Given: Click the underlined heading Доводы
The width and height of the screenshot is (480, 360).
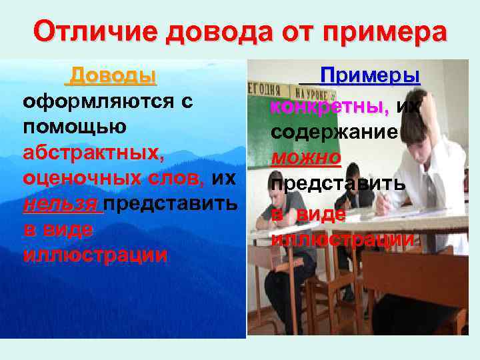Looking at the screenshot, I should (x=113, y=75).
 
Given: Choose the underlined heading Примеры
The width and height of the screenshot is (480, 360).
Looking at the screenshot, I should (x=370, y=75).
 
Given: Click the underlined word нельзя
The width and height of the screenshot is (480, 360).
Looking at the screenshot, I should (x=61, y=203).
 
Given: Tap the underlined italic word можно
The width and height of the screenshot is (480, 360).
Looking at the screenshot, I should (x=305, y=157).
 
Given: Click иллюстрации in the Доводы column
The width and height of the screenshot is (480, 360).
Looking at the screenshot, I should (x=94, y=255).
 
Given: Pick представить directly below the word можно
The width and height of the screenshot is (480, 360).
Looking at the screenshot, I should (x=337, y=184).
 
